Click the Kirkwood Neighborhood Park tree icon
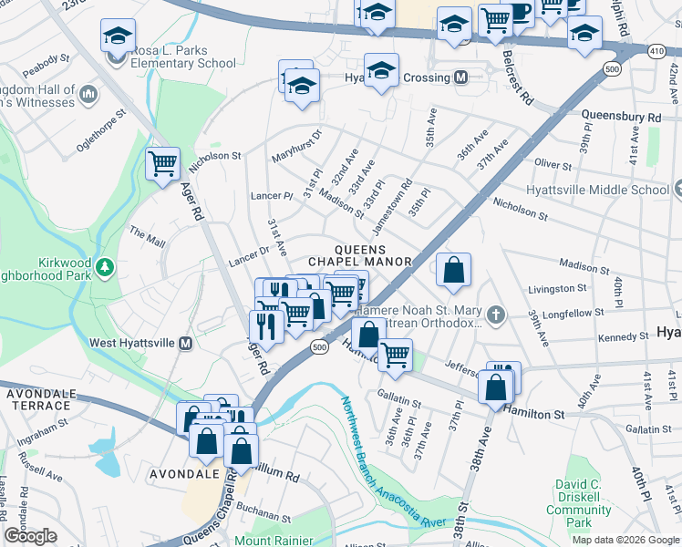coord(106,266)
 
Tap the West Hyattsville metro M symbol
coord(185,343)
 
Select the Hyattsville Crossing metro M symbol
coord(461,77)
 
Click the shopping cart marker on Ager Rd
coord(162,165)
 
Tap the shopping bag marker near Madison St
coord(453,270)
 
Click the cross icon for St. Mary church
coord(495,315)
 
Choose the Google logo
coord(31,536)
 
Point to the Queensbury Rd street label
coord(621,118)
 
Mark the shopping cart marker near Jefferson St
coord(395,355)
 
